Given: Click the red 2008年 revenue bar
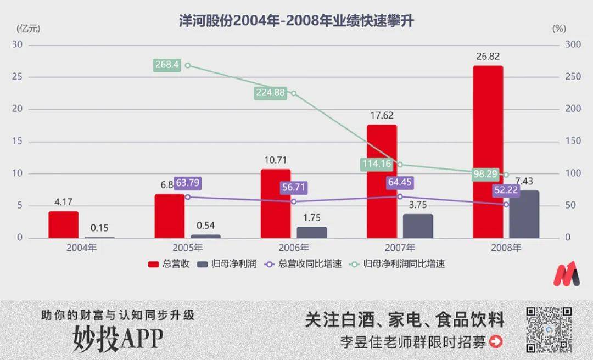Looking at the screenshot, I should (x=488, y=152).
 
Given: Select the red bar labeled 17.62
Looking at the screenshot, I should (x=382, y=181).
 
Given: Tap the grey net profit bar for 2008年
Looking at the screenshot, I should (x=524, y=214).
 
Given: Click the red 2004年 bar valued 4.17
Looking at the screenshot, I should (x=63, y=224).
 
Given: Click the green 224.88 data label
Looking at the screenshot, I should (x=270, y=93).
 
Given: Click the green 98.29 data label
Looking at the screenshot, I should (x=485, y=174).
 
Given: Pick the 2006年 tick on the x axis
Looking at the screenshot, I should (x=296, y=248).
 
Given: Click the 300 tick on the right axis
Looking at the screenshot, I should (x=573, y=44).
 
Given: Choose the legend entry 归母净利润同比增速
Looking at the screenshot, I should (x=404, y=264).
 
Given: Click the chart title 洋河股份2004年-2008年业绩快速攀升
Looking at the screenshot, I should (x=296, y=21).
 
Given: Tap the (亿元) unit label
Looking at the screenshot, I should (x=29, y=28).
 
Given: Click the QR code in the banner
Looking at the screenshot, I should (x=549, y=329).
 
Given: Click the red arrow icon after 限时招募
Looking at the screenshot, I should (x=496, y=342).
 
